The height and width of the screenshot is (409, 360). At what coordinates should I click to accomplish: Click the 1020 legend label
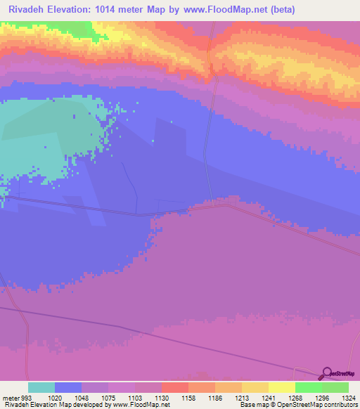pyautogui.click(x=55, y=397)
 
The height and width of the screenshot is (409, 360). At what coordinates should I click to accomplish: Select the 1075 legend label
pyautogui.click(x=108, y=397)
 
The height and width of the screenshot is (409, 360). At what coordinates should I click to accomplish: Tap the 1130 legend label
pyautogui.click(x=162, y=397)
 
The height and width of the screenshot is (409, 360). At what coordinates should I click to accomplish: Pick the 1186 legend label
pyautogui.click(x=215, y=397)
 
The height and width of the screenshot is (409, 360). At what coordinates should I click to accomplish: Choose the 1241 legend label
pyautogui.click(x=268, y=397)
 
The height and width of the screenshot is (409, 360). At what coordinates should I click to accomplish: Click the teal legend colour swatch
pyautogui.click(x=41, y=387)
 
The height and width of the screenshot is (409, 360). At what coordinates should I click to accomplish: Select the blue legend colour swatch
pyautogui.click(x=68, y=387)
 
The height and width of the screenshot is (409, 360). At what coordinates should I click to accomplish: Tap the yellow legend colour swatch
pyautogui.click(x=281, y=387)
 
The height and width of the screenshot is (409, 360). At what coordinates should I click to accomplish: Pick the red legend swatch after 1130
pyautogui.click(x=175, y=387)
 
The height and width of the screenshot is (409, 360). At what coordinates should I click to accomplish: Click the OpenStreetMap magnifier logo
pyautogui.click(x=326, y=373)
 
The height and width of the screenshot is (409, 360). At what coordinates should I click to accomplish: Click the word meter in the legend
pyautogui.click(x=11, y=397)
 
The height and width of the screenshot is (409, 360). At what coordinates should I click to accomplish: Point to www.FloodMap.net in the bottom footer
pyautogui.click(x=145, y=405)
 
